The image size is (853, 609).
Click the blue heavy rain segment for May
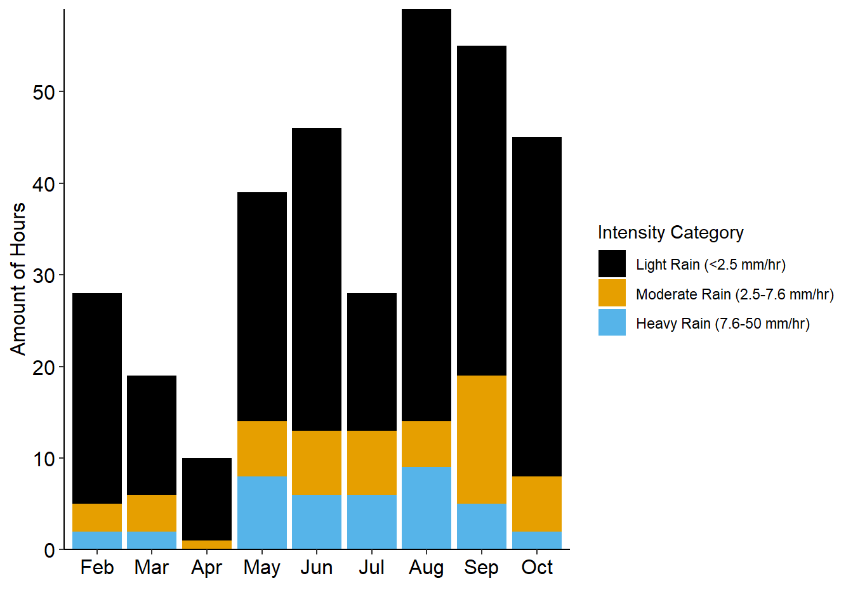(261, 513)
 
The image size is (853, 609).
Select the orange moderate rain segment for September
(482, 439)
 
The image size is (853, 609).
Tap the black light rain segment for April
(207, 499)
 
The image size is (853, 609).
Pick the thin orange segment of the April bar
(207, 545)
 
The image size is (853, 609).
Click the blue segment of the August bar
(426, 507)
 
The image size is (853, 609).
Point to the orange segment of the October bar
(537, 504)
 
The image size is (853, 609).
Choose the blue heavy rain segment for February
(97, 540)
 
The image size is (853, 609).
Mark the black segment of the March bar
(152, 435)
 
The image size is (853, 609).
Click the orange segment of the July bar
(372, 462)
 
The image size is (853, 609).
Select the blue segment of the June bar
(317, 521)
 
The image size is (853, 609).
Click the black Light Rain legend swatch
(612, 264)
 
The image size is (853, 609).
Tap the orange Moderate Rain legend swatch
(612, 293)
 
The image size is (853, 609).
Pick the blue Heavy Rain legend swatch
(612, 322)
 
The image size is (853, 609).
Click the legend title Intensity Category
(670, 233)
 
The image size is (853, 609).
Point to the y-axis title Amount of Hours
(18, 279)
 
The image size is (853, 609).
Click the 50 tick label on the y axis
(44, 93)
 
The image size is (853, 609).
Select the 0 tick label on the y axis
(50, 551)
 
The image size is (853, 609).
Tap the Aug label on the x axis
(426, 567)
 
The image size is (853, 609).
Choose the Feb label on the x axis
(97, 567)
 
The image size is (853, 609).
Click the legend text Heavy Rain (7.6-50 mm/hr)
(723, 324)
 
